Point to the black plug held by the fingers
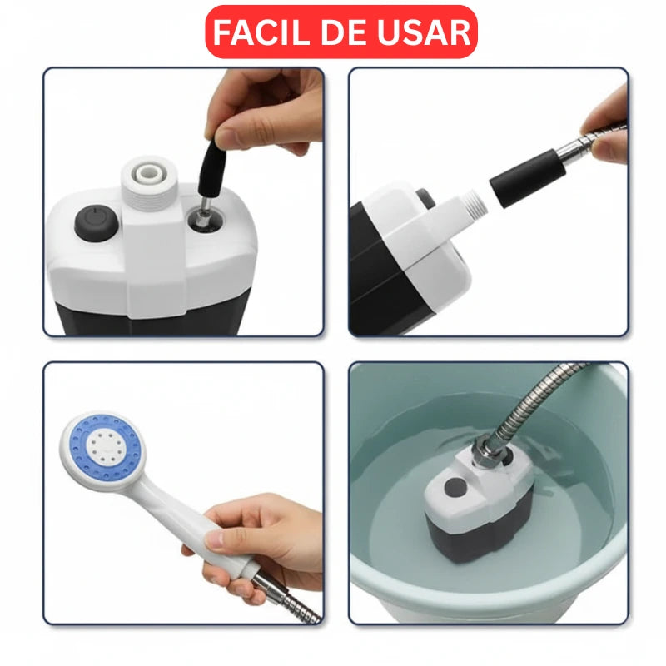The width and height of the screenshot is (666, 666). click(211, 166)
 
